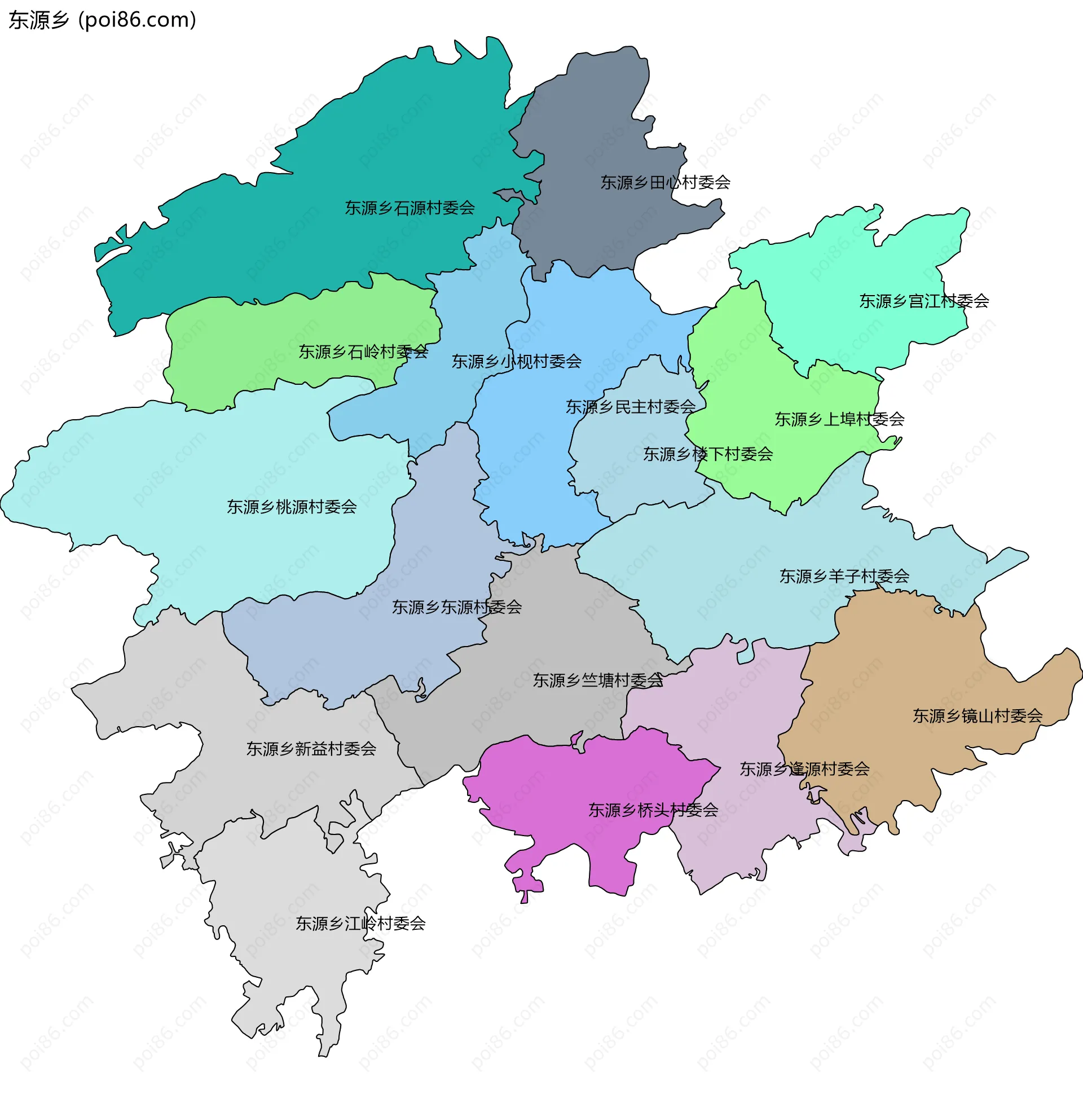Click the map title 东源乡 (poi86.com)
pyautogui.click(x=103, y=20)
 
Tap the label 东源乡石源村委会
pyautogui.click(x=410, y=208)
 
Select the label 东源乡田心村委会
pyautogui.click(x=665, y=183)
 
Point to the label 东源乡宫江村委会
pyautogui.click(x=924, y=301)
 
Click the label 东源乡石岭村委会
pyautogui.click(x=363, y=352)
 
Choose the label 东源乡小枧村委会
pyautogui.click(x=516, y=362)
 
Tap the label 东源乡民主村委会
pyautogui.click(x=631, y=407)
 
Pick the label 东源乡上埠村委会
pyautogui.click(x=839, y=420)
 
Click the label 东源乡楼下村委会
pyautogui.click(x=708, y=454)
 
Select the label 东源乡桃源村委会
pyautogui.click(x=292, y=507)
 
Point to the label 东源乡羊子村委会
pyautogui.click(x=844, y=577)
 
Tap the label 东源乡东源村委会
pyautogui.click(x=457, y=608)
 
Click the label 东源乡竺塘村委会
pyautogui.click(x=598, y=680)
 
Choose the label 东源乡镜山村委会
pyautogui.click(x=977, y=717)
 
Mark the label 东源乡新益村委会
pyautogui.click(x=311, y=749)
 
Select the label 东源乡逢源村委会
pyautogui.click(x=804, y=769)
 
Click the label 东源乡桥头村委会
pyautogui.click(x=653, y=810)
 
